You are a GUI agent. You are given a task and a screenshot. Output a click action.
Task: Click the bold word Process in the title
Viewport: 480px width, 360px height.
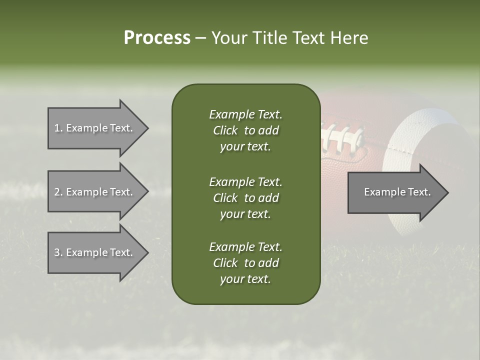[157, 38]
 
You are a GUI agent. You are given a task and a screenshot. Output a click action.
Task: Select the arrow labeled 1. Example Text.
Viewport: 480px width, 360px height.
[95, 128]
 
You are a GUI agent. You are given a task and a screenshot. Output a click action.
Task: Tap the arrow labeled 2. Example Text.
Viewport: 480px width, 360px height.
[95, 192]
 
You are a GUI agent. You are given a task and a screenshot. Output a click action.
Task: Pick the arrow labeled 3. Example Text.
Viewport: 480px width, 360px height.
[95, 252]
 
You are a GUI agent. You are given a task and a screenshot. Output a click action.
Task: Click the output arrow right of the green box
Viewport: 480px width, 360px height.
[395, 192]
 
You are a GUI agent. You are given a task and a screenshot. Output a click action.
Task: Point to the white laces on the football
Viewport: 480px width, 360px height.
[345, 137]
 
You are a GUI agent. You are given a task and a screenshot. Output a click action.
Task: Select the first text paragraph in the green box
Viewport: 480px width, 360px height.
[245, 130]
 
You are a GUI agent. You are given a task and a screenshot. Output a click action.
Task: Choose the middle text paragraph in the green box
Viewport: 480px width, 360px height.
[245, 197]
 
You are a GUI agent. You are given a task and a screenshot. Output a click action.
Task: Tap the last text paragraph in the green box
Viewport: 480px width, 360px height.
[245, 263]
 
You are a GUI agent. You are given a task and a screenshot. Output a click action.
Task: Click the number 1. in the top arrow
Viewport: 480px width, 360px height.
[58, 128]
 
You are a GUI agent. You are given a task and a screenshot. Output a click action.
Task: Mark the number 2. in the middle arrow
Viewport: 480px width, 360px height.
[58, 192]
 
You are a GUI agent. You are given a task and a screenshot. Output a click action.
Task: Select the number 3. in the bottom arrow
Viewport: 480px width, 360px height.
[58, 252]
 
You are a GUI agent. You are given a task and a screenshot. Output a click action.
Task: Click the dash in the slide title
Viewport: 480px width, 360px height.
[200, 38]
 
